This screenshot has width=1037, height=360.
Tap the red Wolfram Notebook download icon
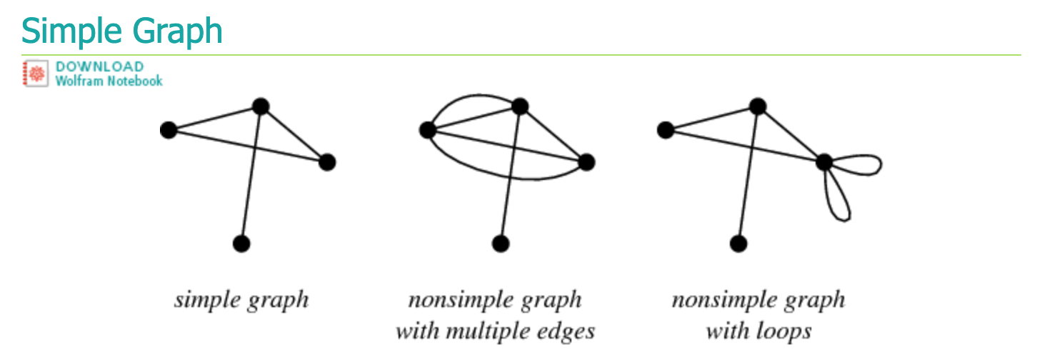click(x=35, y=74)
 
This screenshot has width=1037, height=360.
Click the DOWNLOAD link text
click(x=99, y=66)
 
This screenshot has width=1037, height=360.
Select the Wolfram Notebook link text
click(x=109, y=81)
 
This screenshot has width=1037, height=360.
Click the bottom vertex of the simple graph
click(x=241, y=244)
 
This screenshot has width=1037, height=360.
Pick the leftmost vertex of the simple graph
click(x=169, y=130)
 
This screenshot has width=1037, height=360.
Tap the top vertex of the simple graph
click(x=261, y=107)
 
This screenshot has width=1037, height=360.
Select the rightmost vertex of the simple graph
click(x=327, y=162)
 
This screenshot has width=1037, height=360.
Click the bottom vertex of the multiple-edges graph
click(x=501, y=244)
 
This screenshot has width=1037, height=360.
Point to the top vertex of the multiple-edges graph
click(x=520, y=107)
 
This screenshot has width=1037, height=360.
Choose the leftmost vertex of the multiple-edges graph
click(x=428, y=130)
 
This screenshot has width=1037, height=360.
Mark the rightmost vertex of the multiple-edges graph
click(x=586, y=162)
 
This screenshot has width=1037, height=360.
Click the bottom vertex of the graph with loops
click(x=738, y=244)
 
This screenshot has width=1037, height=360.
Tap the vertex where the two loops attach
click(x=824, y=162)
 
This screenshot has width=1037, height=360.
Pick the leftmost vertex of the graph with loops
click(x=666, y=130)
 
